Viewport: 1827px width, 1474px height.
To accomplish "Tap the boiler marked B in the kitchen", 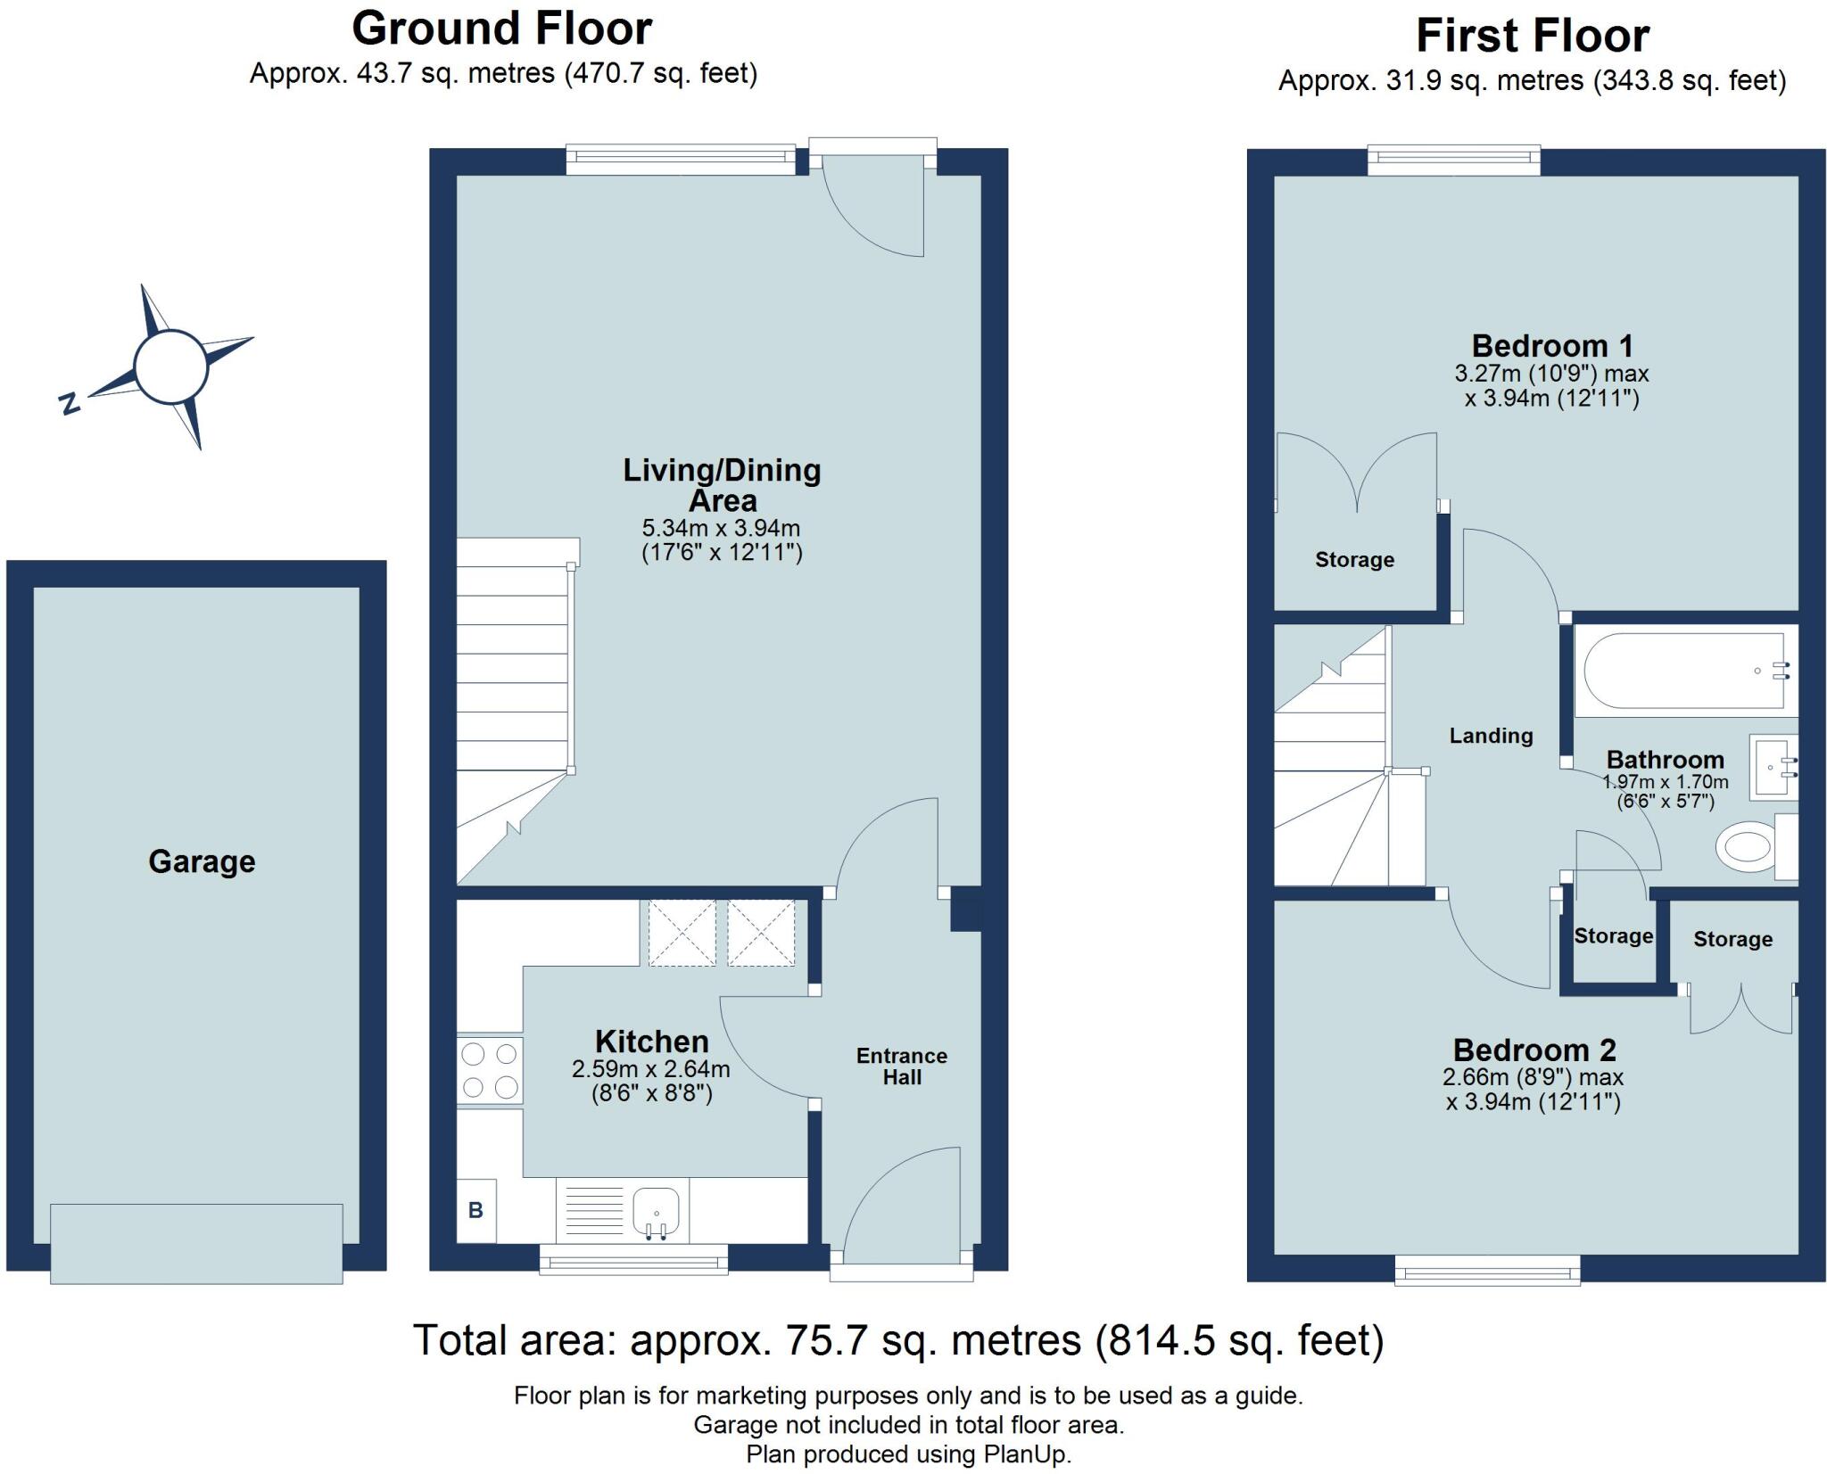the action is pos(475,1210).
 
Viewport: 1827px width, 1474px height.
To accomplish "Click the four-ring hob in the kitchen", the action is pos(490,1070).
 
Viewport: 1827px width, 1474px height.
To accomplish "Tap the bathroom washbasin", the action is pos(1773,766).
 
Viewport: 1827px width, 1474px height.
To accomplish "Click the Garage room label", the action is pos(202,861).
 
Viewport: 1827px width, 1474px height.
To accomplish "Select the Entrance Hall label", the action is pos(902,1066).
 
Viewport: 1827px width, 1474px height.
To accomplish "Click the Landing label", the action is pos(1491,736).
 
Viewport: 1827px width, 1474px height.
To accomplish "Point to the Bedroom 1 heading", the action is pos(1552,345).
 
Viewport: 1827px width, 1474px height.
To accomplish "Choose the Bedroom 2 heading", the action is pos(1534,1050).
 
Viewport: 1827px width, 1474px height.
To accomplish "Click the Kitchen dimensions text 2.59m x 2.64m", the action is pos(651,1068).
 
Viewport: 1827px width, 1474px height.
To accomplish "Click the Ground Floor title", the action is pos(502,29).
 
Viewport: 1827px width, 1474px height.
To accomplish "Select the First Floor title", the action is pos(1533,37).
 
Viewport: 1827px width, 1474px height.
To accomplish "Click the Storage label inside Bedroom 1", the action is pos(1354,560).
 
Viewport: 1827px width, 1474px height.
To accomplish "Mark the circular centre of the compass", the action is pos(171,365).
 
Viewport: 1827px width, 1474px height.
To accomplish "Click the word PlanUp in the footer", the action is pos(1025,1454).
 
